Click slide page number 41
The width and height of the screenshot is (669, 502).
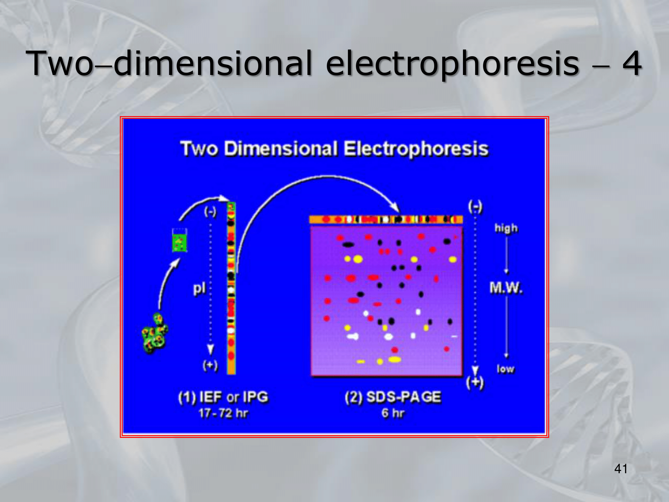621,469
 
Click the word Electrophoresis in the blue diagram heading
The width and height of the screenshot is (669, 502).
416,149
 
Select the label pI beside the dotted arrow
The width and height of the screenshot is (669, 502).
199,288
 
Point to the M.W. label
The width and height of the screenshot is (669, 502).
506,288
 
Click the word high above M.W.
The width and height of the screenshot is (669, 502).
506,228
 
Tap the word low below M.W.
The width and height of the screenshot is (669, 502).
505,369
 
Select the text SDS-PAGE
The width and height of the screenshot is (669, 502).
404,397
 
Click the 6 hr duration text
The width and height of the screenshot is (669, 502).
393,413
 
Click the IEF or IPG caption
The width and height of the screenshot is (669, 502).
234,397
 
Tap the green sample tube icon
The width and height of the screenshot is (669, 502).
180,240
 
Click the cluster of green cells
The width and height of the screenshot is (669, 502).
155,333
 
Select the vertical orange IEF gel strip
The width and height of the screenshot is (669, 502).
231,288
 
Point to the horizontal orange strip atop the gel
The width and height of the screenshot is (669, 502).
386,220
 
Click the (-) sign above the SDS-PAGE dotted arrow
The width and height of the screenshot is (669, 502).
475,206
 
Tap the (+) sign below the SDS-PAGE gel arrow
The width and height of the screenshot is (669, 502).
475,383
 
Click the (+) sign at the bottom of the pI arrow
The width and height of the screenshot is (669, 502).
210,365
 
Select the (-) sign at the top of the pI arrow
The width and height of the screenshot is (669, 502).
210,212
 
